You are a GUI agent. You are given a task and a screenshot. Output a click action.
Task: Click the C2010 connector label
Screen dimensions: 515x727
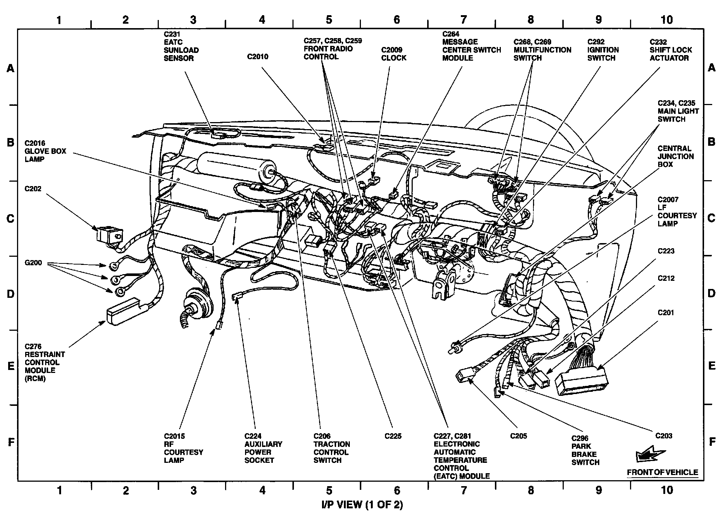pos(258,57)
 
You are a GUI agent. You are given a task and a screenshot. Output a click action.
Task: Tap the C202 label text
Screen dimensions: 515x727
pos(33,189)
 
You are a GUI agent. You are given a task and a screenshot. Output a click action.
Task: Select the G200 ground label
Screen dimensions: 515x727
pos(33,263)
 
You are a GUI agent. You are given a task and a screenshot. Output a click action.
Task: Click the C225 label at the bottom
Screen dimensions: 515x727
pos(393,436)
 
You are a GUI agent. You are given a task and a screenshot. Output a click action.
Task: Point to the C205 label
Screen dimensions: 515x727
pos(518,436)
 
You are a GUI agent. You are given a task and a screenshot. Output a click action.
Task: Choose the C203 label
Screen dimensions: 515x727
pos(663,436)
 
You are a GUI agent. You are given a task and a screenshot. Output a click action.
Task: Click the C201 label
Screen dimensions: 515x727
pos(666,313)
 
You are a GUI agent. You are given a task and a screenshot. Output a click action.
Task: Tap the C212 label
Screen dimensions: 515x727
pos(666,278)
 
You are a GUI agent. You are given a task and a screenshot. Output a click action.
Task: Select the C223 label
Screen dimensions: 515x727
pos(666,251)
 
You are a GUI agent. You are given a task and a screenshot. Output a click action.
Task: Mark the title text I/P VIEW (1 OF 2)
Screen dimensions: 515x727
pos(362,504)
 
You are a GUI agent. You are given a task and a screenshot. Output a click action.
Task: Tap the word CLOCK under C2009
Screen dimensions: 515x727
pos(393,58)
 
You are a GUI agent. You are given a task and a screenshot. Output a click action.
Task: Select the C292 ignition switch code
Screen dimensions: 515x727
pos(596,42)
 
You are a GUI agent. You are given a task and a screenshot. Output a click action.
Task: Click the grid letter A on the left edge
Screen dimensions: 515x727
pos(10,68)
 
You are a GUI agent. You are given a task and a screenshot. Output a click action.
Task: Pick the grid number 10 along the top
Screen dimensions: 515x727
pos(666,20)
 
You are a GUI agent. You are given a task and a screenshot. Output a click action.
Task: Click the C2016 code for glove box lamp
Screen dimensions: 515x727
pos(35,143)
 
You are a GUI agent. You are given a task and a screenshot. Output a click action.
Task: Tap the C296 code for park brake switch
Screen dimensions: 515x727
pos(580,438)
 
